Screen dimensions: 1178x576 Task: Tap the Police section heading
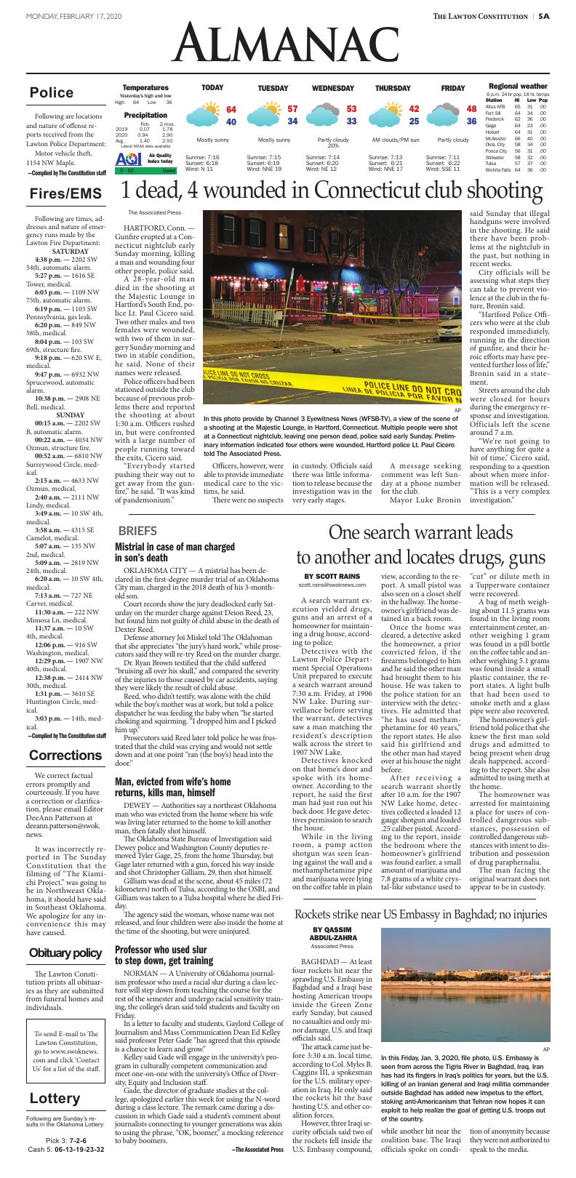[x=52, y=92]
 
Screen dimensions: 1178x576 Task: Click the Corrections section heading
[x=65, y=756]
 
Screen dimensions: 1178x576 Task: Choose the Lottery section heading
[x=55, y=1098]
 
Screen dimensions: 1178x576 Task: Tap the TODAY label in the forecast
[x=212, y=88]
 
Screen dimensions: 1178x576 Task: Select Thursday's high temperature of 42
[x=414, y=109]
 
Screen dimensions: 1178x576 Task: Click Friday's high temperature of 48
[x=471, y=109]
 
